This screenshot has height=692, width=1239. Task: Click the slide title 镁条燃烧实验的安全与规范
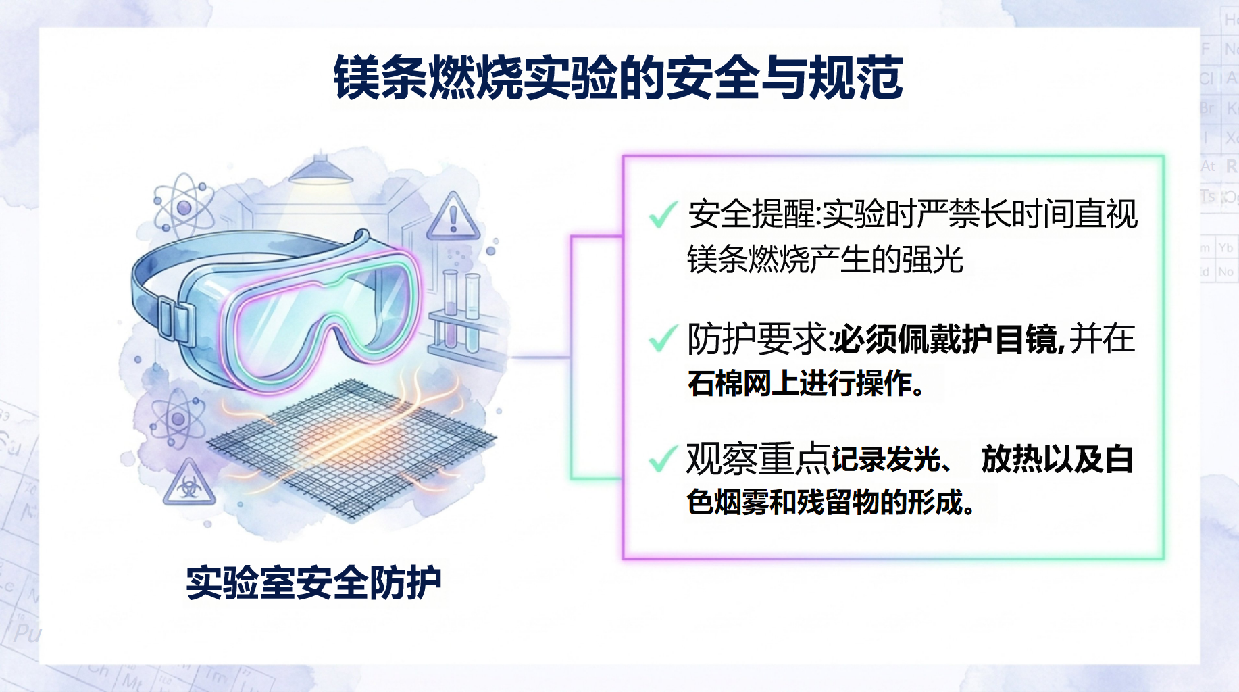[x=618, y=77]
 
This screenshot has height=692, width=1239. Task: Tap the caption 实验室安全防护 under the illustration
[x=313, y=583]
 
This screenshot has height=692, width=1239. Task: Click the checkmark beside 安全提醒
[x=663, y=214]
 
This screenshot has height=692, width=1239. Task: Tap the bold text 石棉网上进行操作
[x=805, y=383]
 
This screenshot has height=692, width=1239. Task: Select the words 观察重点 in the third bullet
[x=757, y=459]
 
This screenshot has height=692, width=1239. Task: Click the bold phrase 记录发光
[x=886, y=460]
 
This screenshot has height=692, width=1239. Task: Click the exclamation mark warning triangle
[x=453, y=216]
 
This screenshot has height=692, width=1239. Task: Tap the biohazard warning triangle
[x=188, y=483]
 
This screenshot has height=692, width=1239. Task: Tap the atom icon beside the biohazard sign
[x=177, y=419]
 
